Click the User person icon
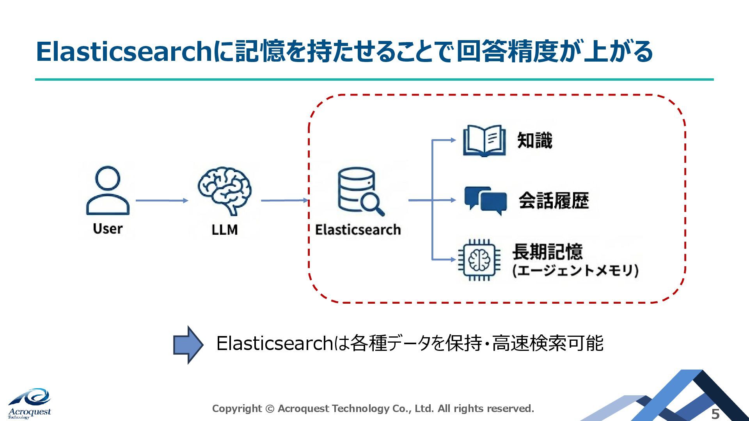[108, 191]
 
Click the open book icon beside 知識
[484, 141]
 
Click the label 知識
[534, 141]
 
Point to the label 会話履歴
[554, 201]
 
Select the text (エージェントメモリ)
[575, 271]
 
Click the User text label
[108, 228]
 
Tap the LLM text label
[224, 230]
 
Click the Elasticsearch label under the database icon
[358, 230]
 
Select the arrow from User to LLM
[162, 200]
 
